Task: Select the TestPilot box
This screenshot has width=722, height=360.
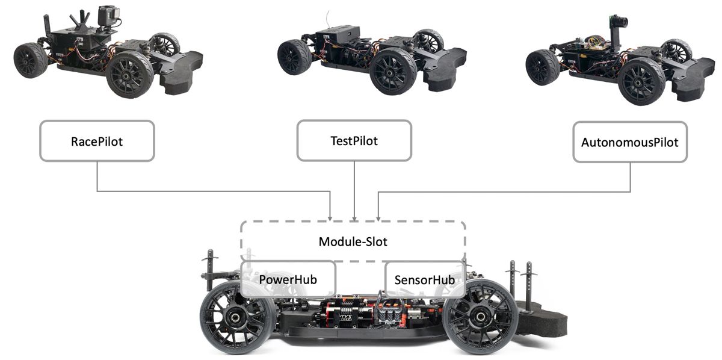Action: pos(354,141)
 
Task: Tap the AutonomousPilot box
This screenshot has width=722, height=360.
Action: pos(629,142)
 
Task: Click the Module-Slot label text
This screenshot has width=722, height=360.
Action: pos(353,242)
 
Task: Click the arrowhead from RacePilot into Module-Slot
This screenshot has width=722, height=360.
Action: pos(330,217)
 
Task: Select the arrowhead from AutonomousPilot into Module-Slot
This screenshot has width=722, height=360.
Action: pos(378,217)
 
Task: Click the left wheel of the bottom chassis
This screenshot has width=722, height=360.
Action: pos(238,315)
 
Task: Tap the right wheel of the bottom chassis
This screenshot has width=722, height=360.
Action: pos(480,315)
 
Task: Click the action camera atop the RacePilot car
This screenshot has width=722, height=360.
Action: pos(107,16)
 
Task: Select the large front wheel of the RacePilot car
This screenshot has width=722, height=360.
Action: pos(130,75)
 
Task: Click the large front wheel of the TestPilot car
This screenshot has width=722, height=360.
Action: pos(392,71)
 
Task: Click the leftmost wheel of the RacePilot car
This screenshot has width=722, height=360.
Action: pos(30,60)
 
